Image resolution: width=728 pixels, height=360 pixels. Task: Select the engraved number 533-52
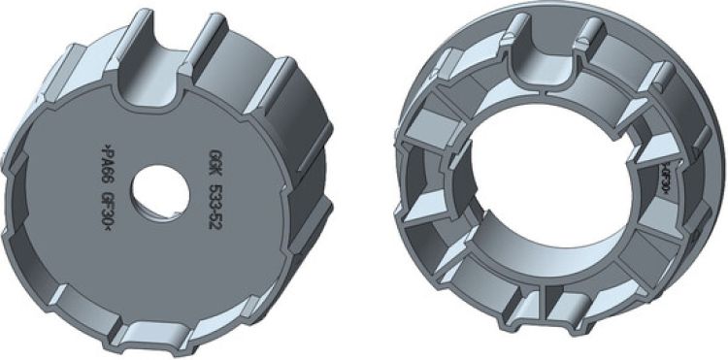tap(215, 205)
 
